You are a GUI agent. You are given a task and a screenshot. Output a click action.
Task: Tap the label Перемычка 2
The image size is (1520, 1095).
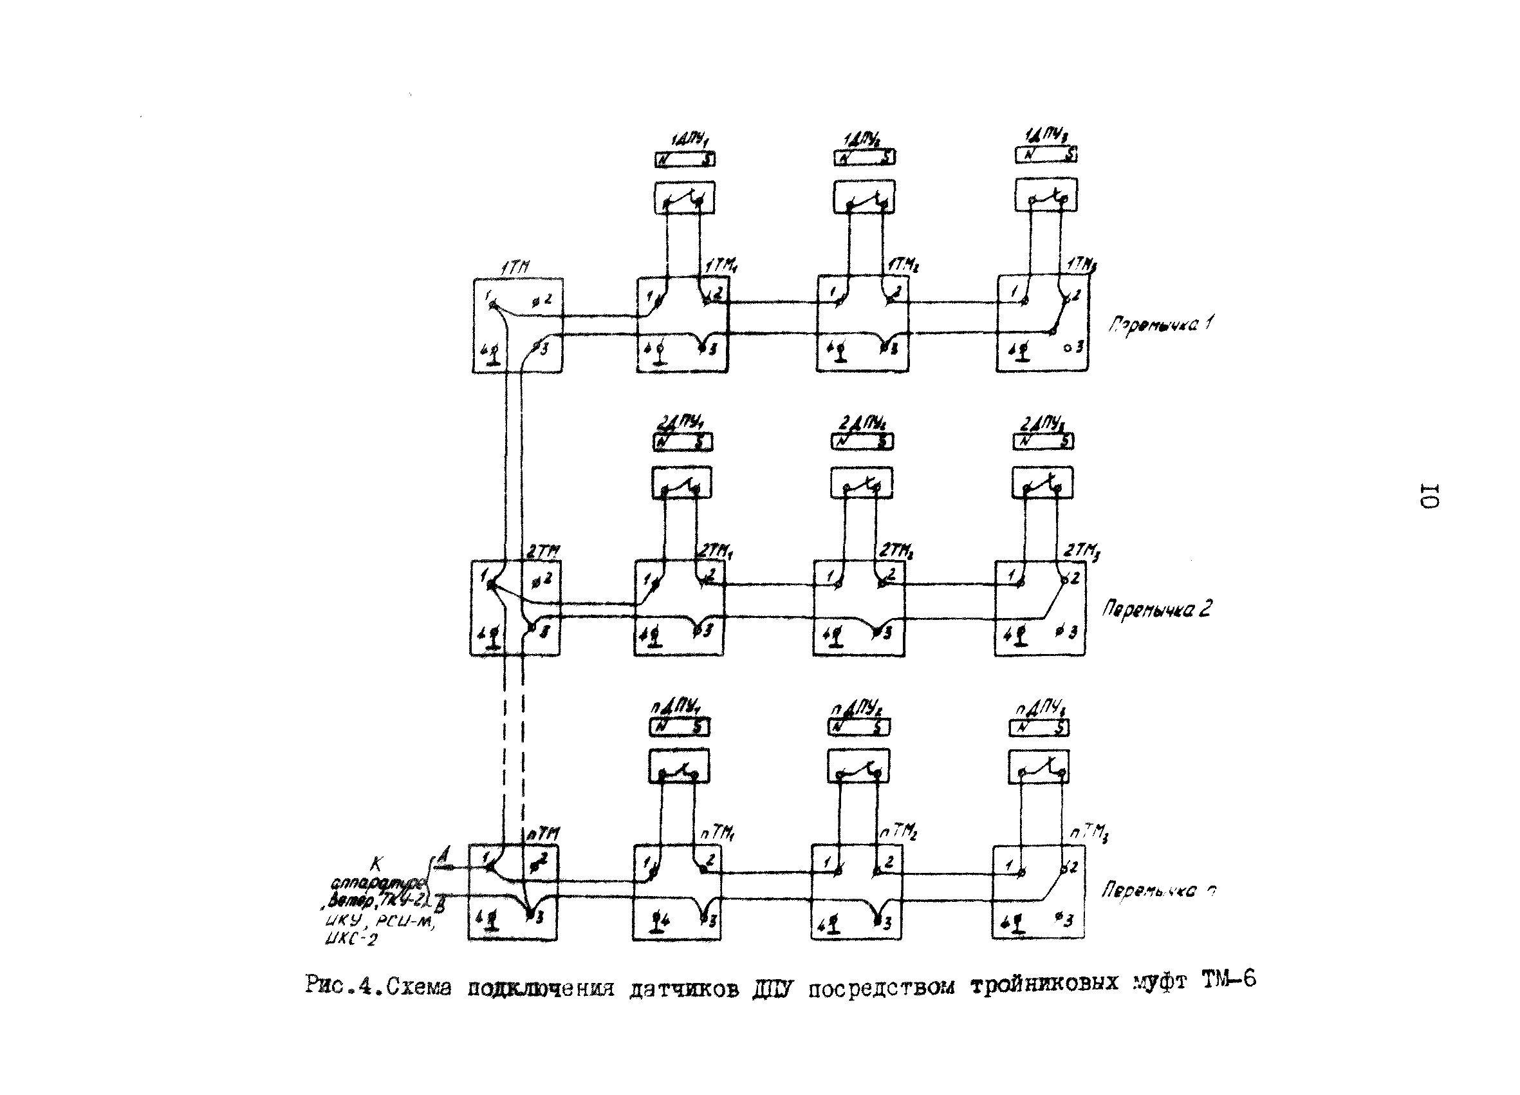1157,610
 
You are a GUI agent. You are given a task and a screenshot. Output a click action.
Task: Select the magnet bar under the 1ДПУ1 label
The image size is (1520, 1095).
684,160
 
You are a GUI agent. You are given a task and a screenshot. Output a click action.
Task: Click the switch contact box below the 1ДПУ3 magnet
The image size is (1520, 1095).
1046,195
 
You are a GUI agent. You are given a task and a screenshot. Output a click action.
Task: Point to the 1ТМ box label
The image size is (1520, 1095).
515,267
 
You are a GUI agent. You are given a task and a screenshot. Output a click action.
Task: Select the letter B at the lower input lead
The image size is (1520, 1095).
440,906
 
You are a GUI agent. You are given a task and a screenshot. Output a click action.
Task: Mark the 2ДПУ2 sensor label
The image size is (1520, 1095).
862,424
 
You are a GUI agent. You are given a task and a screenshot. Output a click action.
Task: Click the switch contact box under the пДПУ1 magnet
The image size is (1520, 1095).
678,767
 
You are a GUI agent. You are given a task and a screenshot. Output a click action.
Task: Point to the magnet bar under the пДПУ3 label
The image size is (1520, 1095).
1039,728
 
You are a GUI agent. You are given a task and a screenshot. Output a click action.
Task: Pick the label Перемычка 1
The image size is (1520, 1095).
1160,325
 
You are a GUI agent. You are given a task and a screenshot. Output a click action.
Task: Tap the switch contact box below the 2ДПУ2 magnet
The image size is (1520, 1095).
861,483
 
